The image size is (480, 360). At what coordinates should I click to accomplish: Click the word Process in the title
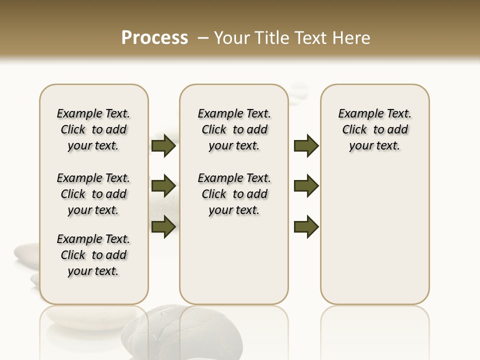click(x=154, y=38)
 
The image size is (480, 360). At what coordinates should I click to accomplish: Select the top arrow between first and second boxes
click(x=163, y=146)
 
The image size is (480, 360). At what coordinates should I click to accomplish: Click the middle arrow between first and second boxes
click(x=163, y=186)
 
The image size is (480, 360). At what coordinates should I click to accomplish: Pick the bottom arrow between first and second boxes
click(x=163, y=226)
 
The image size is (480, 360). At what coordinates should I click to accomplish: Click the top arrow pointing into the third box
click(x=306, y=146)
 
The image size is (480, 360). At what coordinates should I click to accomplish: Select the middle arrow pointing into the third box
click(x=306, y=186)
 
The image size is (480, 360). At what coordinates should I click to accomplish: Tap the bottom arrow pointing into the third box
click(x=306, y=226)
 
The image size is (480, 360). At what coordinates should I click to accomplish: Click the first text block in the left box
click(x=93, y=129)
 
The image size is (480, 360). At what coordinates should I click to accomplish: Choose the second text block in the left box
click(x=93, y=194)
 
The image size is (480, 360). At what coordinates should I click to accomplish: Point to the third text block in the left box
click(x=93, y=255)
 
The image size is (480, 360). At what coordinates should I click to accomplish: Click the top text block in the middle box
click(x=234, y=129)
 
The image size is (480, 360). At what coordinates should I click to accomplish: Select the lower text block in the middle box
click(x=234, y=194)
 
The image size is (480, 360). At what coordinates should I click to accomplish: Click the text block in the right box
click(x=374, y=129)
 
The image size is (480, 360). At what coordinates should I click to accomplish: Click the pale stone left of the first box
click(x=26, y=252)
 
